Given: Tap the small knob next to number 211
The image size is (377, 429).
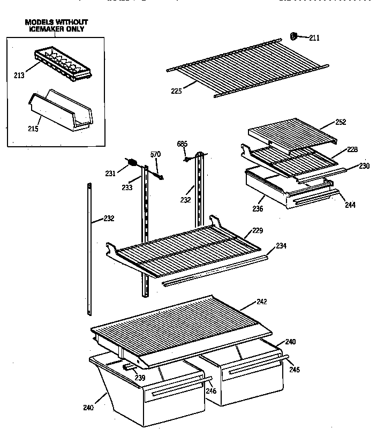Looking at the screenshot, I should click(293, 36).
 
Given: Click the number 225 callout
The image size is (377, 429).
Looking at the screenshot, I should click(176, 91).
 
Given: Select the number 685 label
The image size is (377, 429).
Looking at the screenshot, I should click(182, 144).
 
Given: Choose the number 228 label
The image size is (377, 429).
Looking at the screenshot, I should click(352, 149).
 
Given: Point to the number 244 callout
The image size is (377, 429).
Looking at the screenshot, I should click(350, 205).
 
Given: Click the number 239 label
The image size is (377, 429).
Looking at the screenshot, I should click(140, 378).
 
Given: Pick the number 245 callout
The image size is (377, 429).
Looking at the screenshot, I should click(295, 369).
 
